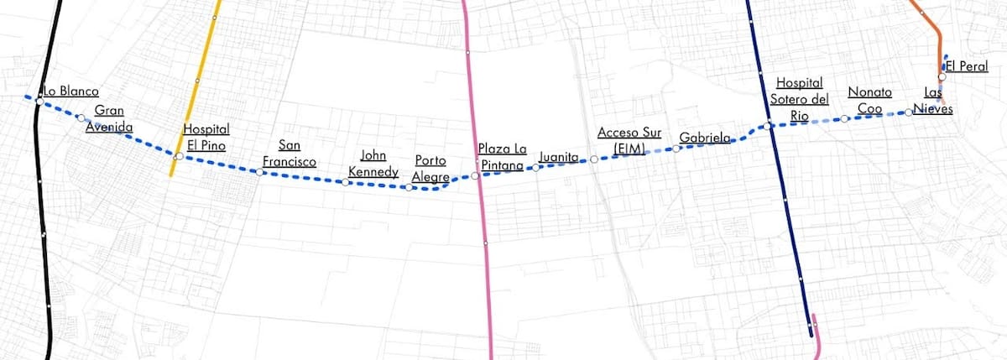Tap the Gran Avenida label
[x=110, y=119]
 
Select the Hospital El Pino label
[x=206, y=137]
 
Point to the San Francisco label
[x=290, y=153]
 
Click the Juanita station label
[x=559, y=157]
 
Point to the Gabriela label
[x=705, y=138]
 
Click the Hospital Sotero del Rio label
[x=798, y=99]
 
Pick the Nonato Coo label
[x=869, y=100]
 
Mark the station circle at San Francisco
[x=260, y=173]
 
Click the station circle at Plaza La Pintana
[x=475, y=176]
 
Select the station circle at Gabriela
[x=676, y=149]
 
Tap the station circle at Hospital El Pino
[x=178, y=157]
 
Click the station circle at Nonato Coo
[x=845, y=119]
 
